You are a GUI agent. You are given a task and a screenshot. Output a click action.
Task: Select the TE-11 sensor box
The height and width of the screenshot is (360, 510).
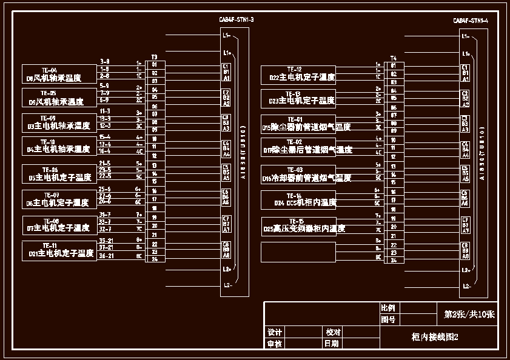(x=59, y=250)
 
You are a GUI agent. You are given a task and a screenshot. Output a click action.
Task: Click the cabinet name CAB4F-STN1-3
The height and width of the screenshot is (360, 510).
(x=236, y=20)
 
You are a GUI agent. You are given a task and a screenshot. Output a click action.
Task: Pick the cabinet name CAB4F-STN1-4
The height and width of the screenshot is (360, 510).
(x=471, y=21)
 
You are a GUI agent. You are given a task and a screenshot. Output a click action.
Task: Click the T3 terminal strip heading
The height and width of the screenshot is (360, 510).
(x=154, y=56)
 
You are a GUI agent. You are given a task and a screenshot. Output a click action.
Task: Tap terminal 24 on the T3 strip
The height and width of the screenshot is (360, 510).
(x=155, y=259)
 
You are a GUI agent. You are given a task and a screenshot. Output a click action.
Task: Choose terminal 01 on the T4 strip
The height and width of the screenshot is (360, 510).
(x=394, y=65)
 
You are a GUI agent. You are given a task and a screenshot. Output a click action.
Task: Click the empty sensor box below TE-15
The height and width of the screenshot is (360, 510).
(x=298, y=252)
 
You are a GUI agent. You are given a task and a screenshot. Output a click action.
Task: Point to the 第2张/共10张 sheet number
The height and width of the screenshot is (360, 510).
(x=469, y=315)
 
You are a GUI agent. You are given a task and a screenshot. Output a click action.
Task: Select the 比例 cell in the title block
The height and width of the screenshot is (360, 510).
(x=388, y=308)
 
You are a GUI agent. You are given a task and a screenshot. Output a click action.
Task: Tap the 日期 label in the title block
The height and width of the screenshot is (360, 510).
(x=332, y=344)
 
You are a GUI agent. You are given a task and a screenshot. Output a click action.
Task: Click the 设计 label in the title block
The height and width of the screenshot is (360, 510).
(x=275, y=333)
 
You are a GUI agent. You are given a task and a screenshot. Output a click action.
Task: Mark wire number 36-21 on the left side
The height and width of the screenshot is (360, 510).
(x=106, y=256)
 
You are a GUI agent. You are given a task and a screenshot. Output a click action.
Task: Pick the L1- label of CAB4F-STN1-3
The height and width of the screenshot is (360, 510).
(x=226, y=36)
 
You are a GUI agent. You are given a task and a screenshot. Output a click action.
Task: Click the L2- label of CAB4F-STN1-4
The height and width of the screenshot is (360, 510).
(x=466, y=285)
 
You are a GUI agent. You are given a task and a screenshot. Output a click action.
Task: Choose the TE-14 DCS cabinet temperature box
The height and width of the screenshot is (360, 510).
(x=298, y=199)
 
